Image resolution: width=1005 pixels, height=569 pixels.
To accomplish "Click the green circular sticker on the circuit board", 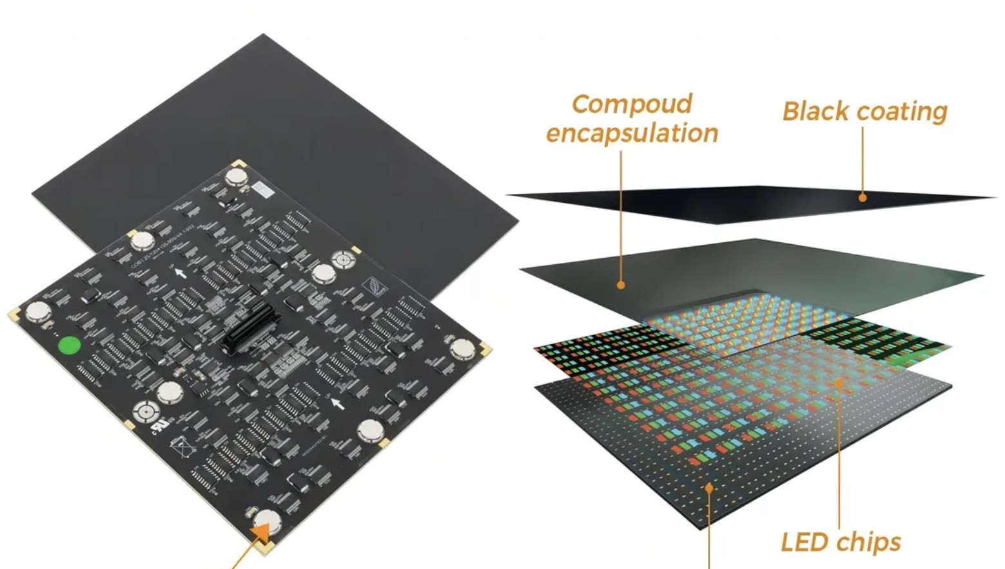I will [69, 345].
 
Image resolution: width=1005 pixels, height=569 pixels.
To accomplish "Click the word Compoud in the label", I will [631, 104].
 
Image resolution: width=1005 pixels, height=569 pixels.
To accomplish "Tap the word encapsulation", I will [632, 133].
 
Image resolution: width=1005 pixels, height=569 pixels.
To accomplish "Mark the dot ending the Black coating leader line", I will [863, 197].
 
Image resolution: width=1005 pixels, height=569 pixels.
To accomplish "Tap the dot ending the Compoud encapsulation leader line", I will [621, 284].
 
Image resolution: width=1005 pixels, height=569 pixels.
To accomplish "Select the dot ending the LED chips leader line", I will [839, 383].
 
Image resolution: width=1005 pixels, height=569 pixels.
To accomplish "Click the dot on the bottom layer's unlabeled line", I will [709, 488].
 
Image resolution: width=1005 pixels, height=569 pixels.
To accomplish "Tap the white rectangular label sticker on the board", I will [261, 189].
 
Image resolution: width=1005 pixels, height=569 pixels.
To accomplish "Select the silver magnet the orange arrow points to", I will [267, 520].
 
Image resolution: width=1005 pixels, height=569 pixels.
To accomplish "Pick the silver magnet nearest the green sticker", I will [38, 312].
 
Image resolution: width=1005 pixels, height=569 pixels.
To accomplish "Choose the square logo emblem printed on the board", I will [373, 285].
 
